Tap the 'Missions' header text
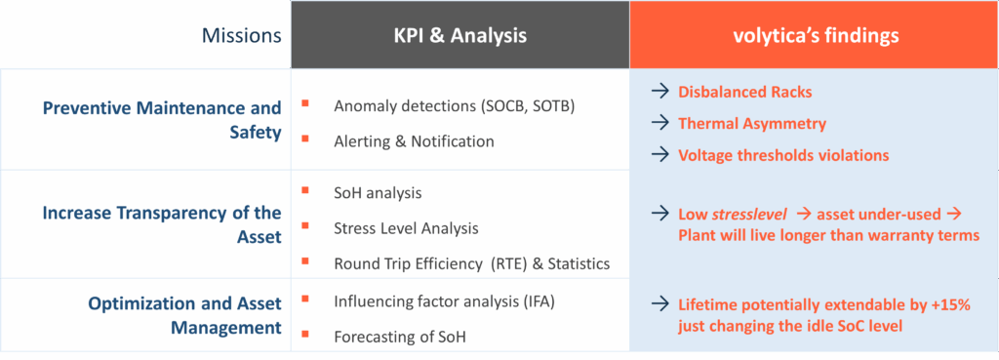(242, 36)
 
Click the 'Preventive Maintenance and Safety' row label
(162, 119)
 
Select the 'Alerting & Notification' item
(414, 141)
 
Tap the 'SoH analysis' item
(378, 193)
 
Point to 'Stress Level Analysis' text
(406, 228)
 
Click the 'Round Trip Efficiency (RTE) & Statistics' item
(471, 263)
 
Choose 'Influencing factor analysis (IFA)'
(444, 301)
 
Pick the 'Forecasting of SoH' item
(399, 337)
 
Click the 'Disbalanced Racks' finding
(745, 93)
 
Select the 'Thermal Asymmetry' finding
(752, 124)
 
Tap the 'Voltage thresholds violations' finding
(783, 155)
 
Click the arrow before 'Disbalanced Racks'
(660, 93)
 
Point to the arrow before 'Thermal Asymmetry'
(660, 124)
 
